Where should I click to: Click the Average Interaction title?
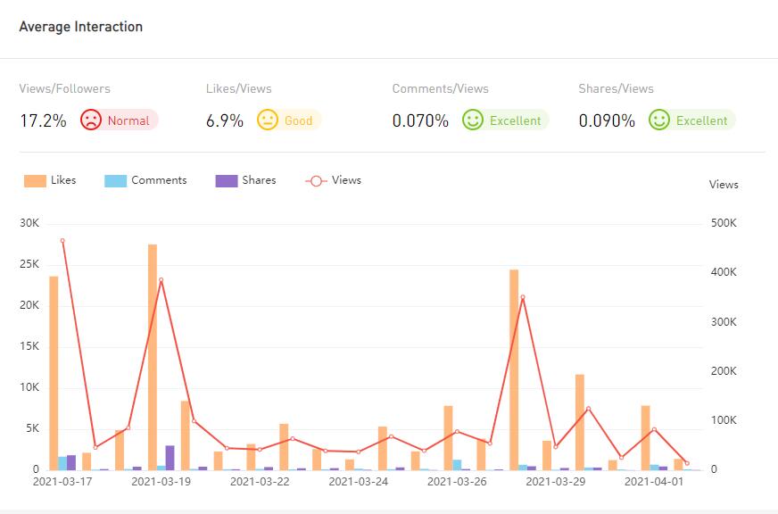[81, 27]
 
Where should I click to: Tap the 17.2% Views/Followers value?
[43, 120]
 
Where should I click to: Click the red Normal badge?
[119, 120]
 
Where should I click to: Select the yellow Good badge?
[289, 120]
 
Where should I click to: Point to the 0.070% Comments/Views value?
[420, 120]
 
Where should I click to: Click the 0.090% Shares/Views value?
[607, 120]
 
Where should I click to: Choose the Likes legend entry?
[51, 180]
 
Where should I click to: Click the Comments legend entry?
[146, 180]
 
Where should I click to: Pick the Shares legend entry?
[246, 180]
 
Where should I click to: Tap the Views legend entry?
[334, 180]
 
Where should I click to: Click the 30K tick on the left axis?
[29, 223]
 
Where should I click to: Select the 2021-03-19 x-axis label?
[161, 482]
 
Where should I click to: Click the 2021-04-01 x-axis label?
[654, 482]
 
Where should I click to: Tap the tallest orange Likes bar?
[153, 357]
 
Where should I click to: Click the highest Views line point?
[62, 241]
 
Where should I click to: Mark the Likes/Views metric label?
[239, 89]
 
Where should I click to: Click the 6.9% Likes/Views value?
[225, 120]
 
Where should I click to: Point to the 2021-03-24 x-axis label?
[358, 482]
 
